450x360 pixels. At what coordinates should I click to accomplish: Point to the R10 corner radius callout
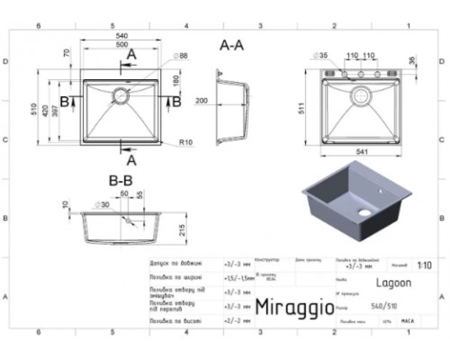point(186,142)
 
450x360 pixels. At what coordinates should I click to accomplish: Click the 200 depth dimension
point(201,100)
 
